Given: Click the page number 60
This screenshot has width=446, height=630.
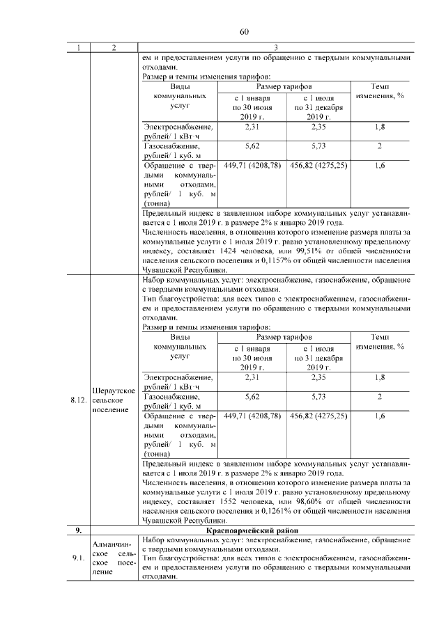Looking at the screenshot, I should point(244,32).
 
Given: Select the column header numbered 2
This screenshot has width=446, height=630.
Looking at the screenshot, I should point(114,47).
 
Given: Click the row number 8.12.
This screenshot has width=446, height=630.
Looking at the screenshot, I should point(79,401).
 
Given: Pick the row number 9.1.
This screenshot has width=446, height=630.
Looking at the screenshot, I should point(79,558).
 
